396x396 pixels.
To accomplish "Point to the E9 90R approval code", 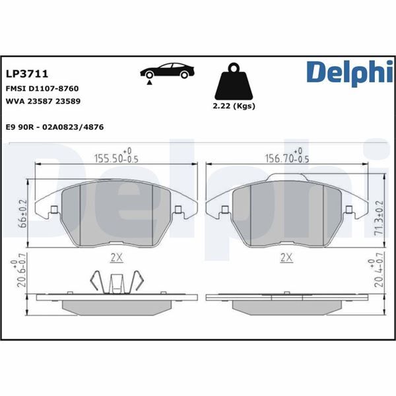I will (53, 126).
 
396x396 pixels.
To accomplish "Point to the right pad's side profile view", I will (286, 302).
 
